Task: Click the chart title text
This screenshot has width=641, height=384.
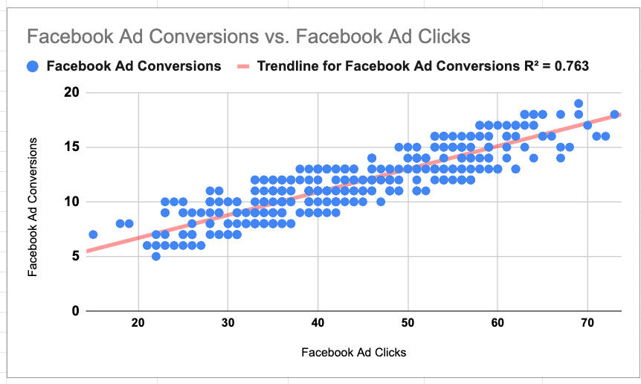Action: [248, 36]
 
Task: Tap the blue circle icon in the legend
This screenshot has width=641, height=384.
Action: [33, 66]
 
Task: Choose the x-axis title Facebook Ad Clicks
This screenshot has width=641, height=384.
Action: [353, 352]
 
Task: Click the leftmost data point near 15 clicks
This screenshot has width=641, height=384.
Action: [93, 234]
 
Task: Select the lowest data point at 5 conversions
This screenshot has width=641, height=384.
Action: [156, 256]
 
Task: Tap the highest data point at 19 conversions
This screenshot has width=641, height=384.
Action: [579, 103]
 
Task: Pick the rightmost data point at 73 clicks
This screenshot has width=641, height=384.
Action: [614, 115]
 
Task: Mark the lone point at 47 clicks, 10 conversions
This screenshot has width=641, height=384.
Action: [381, 202]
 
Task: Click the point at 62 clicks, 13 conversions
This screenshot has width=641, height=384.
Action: [515, 169]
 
